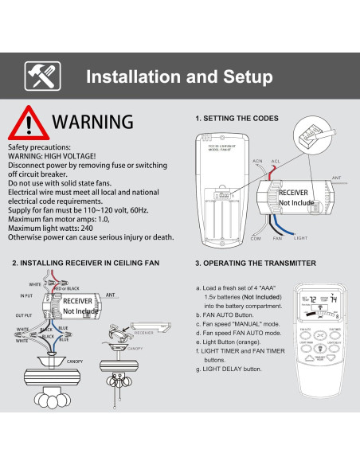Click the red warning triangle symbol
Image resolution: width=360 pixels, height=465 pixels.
tap(28, 123)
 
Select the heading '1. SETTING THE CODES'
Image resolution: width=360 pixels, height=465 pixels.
tap(237, 119)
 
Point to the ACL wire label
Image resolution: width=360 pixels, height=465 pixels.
tap(276, 160)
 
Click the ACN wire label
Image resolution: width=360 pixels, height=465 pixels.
tap(257, 161)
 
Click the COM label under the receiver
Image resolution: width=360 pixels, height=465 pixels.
tap(256, 238)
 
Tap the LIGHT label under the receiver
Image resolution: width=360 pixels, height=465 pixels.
tap(300, 238)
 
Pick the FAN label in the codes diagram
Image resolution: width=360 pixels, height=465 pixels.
tap(278, 238)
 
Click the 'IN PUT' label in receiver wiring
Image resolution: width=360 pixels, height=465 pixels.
tap(27, 296)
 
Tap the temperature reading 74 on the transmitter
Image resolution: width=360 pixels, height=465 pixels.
tap(335, 299)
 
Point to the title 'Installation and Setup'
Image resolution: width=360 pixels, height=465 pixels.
tap(178, 76)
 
